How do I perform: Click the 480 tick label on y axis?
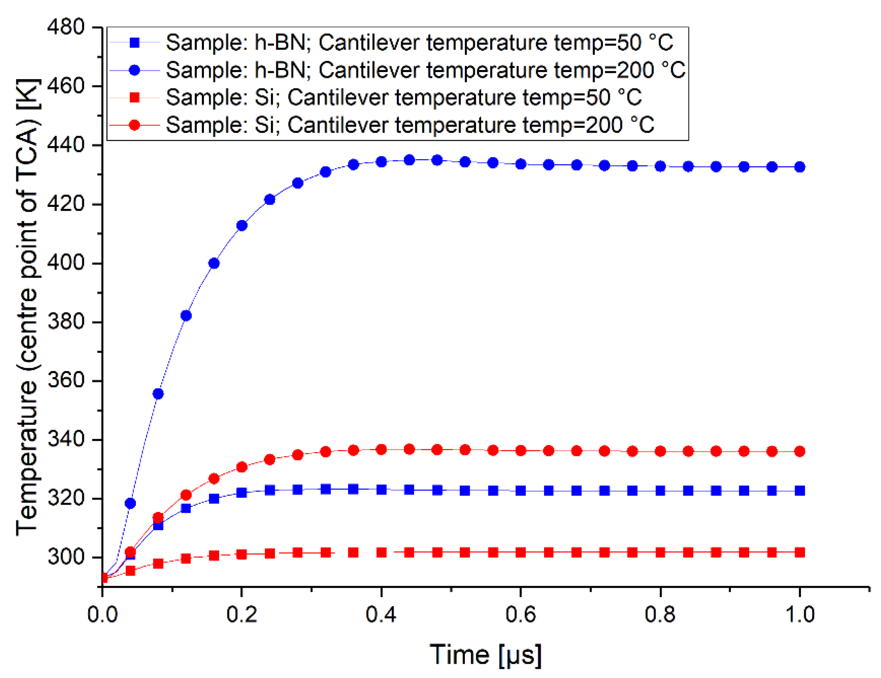click(x=66, y=27)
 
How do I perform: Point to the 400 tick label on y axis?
click(x=66, y=263)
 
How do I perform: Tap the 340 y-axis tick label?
click(x=66, y=439)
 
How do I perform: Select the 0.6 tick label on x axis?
click(x=520, y=614)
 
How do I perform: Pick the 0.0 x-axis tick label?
click(x=103, y=614)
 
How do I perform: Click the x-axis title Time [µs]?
click(x=486, y=655)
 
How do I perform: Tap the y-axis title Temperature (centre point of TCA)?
click(x=27, y=306)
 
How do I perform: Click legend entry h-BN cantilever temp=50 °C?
click(x=420, y=43)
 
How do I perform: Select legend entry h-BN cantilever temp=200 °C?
click(x=425, y=70)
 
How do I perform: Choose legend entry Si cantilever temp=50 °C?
click(x=403, y=98)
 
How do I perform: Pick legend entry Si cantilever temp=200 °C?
click(x=409, y=125)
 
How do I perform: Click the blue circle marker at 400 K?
click(x=214, y=263)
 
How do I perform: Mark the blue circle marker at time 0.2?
click(x=242, y=226)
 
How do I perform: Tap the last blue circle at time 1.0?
click(x=799, y=167)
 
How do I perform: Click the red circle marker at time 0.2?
click(x=242, y=467)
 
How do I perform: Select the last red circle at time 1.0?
click(x=799, y=451)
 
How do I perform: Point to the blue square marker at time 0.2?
click(x=242, y=492)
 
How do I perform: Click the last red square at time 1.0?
click(x=799, y=552)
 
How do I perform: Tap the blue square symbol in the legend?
click(x=134, y=43)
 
